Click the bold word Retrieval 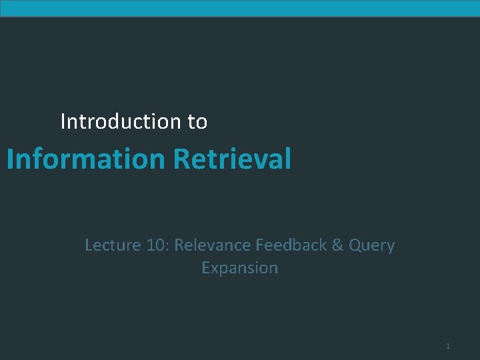click(x=233, y=159)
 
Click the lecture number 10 click(x=157, y=245)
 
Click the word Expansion click(x=239, y=268)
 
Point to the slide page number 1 click(x=448, y=346)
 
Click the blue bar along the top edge click(x=240, y=8)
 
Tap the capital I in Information click(x=10, y=159)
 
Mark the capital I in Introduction click(x=63, y=121)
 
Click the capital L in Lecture click(x=89, y=245)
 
